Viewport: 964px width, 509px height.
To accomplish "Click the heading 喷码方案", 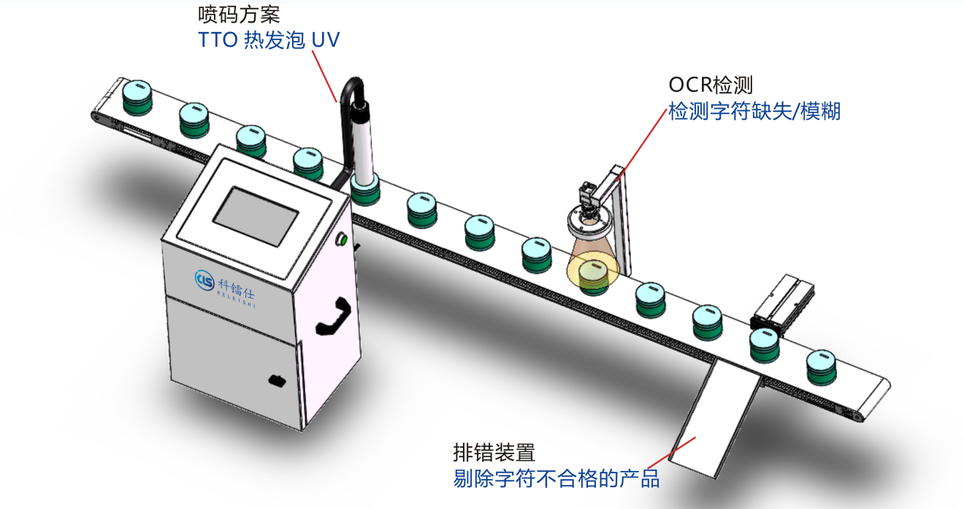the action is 239,15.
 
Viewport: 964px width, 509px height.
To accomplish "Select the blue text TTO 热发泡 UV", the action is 269,40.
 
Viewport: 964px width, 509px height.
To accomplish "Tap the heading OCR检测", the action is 711,85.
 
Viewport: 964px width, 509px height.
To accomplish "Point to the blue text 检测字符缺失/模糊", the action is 754,111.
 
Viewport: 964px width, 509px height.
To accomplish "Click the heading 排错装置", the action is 494,453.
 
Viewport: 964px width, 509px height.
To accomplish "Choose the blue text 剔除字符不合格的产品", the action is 556,478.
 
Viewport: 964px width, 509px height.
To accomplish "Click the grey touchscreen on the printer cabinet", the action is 256,216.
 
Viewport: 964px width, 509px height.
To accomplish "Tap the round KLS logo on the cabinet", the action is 204,280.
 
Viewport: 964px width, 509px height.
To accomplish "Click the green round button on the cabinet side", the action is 343,239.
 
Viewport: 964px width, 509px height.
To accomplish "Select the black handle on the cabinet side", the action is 334,316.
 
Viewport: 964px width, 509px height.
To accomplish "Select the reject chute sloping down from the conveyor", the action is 714,419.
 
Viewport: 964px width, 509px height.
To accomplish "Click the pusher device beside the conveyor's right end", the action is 782,303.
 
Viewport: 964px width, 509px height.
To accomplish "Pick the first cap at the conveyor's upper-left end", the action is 137,97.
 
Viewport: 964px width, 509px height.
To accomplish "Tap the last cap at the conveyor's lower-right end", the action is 822,367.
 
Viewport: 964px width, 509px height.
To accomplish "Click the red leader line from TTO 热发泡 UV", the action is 324,77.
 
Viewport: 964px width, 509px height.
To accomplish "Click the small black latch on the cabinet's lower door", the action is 278,380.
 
